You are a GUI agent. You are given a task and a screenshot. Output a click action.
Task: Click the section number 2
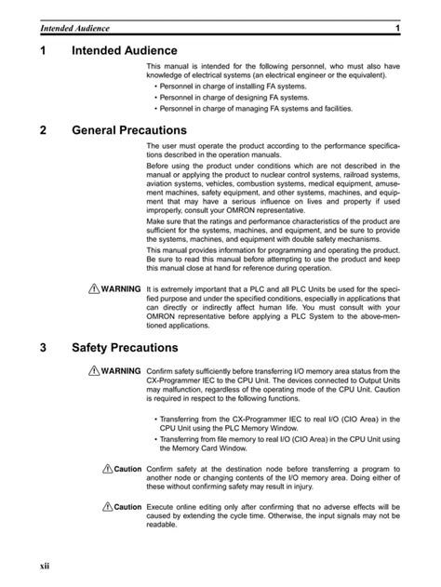45,130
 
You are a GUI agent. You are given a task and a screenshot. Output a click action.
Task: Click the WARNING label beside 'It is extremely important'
121,289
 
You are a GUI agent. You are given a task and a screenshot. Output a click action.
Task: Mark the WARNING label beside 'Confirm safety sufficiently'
121,371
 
